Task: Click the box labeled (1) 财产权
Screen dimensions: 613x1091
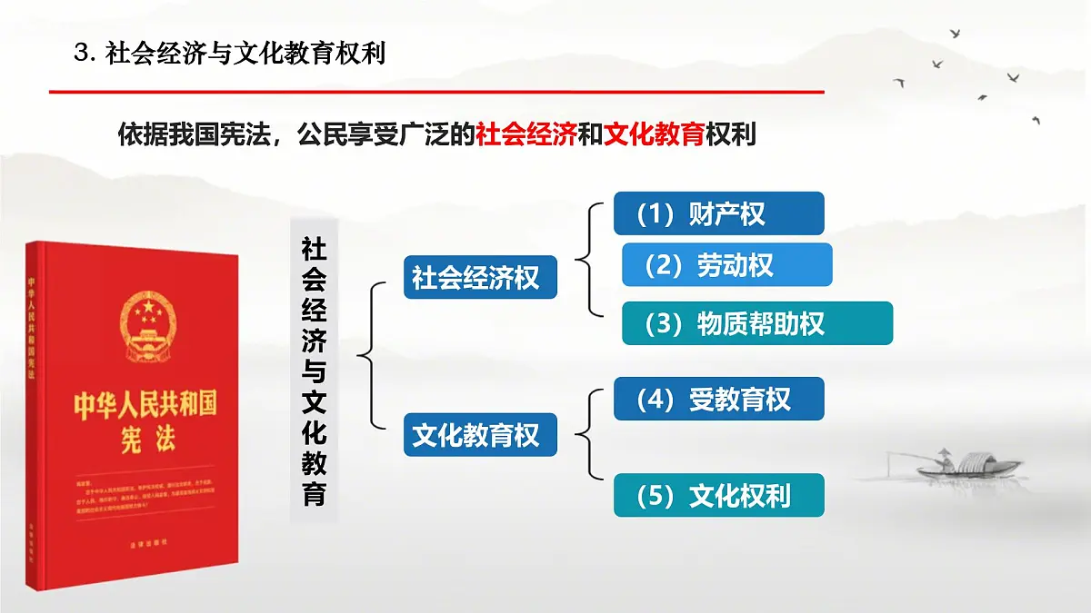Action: [718, 213]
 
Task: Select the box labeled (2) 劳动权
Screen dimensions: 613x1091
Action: [726, 264]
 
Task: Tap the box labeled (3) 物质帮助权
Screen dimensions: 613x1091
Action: [756, 323]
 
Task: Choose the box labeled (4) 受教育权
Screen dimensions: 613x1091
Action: [718, 399]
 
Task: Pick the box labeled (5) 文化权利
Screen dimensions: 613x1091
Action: [718, 495]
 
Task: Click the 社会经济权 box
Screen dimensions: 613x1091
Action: [479, 277]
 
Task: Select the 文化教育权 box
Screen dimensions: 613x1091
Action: [479, 435]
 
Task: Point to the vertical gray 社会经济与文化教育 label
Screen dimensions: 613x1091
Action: [314, 371]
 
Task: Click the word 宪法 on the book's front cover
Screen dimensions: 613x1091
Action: [145, 440]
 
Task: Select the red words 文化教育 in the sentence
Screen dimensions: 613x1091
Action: [654, 135]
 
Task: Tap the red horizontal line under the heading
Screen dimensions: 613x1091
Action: [436, 92]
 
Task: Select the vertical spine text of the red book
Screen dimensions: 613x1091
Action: [35, 327]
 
